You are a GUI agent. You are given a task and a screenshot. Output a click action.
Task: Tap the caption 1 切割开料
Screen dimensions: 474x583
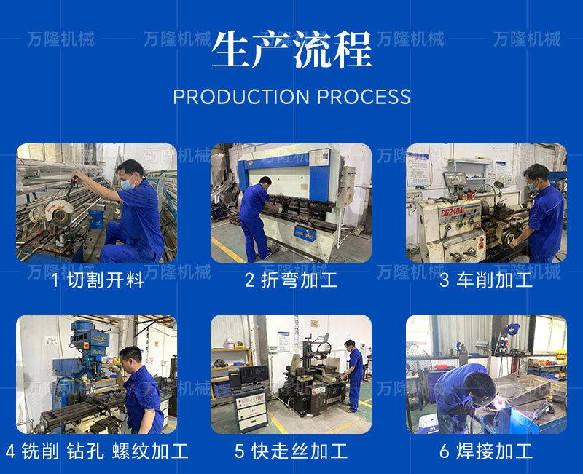click(x=98, y=281)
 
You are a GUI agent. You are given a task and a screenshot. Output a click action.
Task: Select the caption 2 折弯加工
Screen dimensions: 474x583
click(x=291, y=281)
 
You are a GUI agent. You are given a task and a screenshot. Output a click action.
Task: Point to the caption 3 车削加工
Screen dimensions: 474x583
click(x=485, y=281)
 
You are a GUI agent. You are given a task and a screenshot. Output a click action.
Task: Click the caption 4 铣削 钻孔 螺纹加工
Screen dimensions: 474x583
click(x=97, y=451)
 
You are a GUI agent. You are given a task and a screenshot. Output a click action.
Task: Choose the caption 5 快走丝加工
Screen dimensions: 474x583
click(x=291, y=451)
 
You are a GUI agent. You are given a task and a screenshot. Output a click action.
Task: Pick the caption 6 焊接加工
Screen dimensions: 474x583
click(x=485, y=451)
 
